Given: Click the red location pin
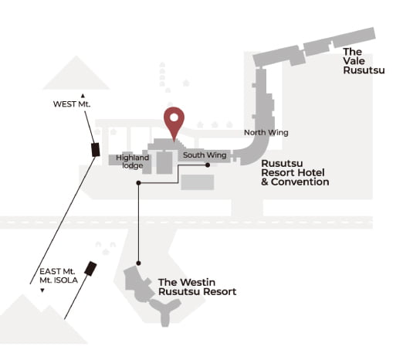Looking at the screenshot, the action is coord(174,121).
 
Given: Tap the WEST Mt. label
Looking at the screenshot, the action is coord(72,104).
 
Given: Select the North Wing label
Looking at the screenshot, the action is coord(266,133).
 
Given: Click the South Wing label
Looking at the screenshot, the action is coord(205,155).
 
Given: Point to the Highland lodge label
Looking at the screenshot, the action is coord(132,161).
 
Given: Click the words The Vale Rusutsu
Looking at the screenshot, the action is coord(364,61).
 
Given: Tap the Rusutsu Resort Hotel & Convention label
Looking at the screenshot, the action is coord(295,172).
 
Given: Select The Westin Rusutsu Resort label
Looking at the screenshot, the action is coord(197,287).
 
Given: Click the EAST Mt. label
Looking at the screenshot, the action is coord(57,271).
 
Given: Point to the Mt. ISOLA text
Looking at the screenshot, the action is coord(59,280).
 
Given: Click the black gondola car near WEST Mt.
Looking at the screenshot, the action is coord(96,150).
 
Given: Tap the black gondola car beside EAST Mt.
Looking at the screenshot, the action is coord(90,269).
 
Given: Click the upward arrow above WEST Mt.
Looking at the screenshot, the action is coord(83,96).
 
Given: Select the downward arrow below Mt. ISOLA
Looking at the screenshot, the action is coord(42,290).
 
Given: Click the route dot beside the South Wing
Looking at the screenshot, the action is coord(208,165).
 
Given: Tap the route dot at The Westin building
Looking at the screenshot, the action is coord(138,263).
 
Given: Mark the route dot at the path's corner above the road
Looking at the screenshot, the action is coord(138,183).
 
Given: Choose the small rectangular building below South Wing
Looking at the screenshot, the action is coord(198,182).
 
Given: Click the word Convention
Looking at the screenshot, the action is coord(300,182).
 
